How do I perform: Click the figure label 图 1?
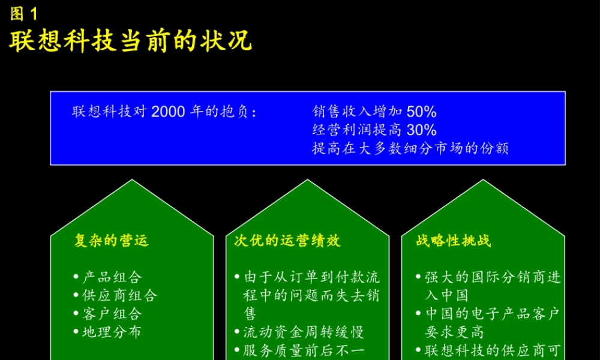[x=24, y=13]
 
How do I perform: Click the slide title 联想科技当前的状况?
[x=130, y=41]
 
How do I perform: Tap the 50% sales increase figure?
[x=421, y=112]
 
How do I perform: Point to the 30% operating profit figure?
[x=421, y=130]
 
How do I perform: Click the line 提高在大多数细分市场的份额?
[x=410, y=148]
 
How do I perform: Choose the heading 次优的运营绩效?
[x=287, y=241]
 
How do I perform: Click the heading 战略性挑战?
[x=453, y=241]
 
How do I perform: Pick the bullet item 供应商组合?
[x=119, y=295]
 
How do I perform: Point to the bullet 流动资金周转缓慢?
[x=303, y=332]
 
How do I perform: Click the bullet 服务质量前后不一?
[x=303, y=350]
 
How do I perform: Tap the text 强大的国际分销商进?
[x=493, y=277]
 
